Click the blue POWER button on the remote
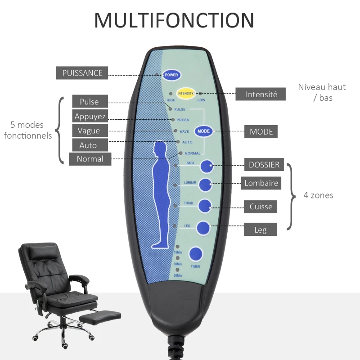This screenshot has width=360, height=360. pos(171,75)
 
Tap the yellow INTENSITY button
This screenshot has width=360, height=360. pos(185,94)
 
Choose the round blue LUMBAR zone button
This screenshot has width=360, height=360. pos(206,184)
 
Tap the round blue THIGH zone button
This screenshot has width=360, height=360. pos(205,206)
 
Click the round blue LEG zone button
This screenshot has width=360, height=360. pos(203,228)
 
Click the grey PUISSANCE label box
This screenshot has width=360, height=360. pos(82,73)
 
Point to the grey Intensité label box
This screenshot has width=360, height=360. pos(261,94)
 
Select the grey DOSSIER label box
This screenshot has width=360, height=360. pos(264,165)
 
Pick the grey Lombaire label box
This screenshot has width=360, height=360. pos(261,183)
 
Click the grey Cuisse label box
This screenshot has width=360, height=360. pos(261,207)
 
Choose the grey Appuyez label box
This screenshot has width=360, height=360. pos(90,116)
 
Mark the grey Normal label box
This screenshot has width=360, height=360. pos(90,159)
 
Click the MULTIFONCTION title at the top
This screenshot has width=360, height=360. pos(174,21)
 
